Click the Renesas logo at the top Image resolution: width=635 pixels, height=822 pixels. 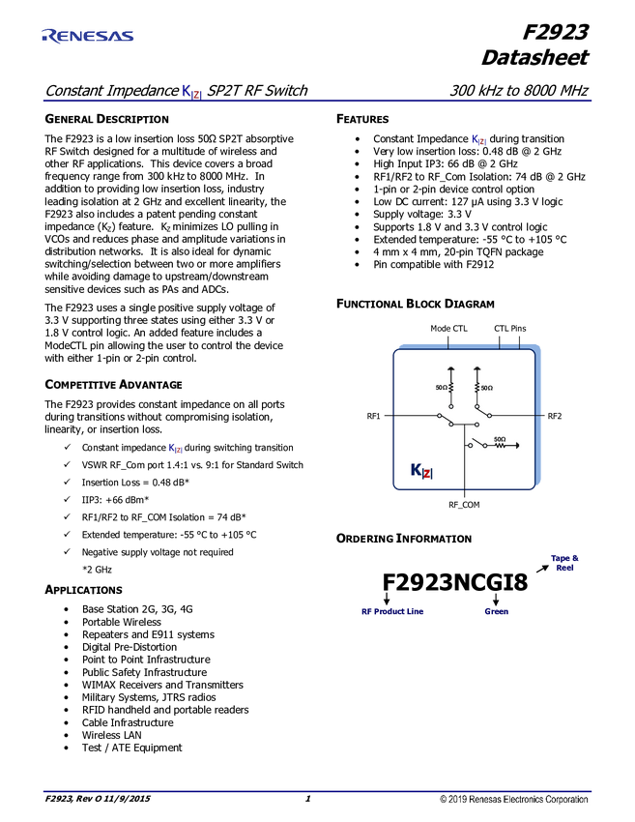[x=87, y=36]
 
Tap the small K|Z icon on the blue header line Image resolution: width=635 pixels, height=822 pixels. [x=192, y=92]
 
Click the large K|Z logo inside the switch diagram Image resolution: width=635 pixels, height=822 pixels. [x=421, y=471]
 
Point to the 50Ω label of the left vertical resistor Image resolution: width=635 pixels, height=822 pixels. [x=441, y=387]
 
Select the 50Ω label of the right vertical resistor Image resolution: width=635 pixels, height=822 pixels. [x=486, y=387]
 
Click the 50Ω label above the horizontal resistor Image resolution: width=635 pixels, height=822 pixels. [x=500, y=439]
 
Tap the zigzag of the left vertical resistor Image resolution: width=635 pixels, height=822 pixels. [x=450, y=387]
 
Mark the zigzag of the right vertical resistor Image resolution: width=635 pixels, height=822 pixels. [x=476, y=387]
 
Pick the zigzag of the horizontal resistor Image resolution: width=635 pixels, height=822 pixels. [x=501, y=446]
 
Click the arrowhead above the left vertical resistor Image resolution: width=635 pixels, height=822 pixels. [x=450, y=368]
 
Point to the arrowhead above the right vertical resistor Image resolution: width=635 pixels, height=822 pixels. [x=476, y=368]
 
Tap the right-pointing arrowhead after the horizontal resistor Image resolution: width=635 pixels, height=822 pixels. [x=518, y=446]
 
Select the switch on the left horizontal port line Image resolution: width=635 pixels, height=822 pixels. [x=446, y=420]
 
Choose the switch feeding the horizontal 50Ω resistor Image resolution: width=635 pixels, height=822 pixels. [x=477, y=444]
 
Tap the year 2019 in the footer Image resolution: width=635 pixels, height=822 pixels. [x=457, y=801]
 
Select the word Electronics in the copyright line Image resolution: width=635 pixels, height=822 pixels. [x=527, y=801]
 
